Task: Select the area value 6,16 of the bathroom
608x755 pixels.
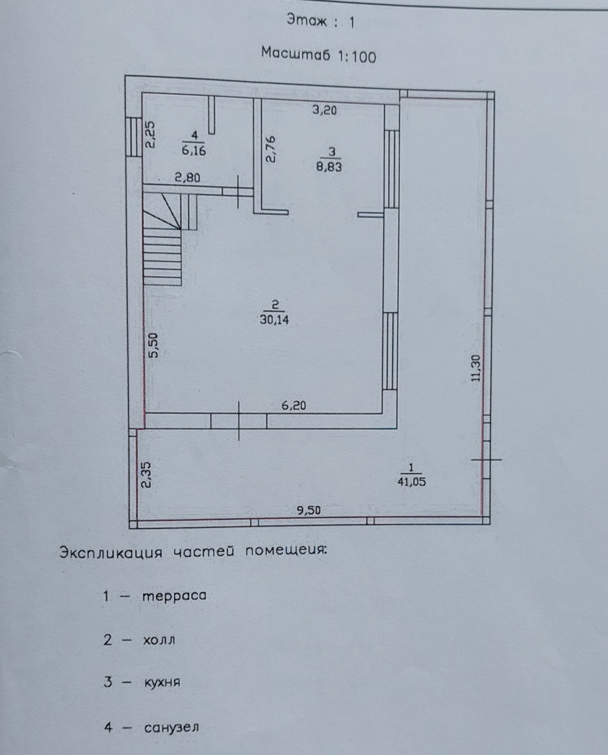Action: click(x=194, y=151)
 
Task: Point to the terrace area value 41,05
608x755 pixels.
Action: click(x=411, y=482)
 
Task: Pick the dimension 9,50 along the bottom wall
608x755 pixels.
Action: click(x=308, y=510)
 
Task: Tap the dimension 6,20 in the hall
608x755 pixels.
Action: click(x=294, y=406)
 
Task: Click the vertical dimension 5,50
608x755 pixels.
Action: click(x=153, y=345)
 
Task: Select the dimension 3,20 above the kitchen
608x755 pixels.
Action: click(x=324, y=110)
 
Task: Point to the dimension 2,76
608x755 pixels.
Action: click(x=271, y=150)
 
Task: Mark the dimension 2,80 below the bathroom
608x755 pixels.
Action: click(x=188, y=178)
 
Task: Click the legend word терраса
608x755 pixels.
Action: click(x=174, y=596)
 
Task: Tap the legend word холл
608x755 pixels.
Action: click(x=159, y=640)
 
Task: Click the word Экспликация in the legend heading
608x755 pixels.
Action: click(x=111, y=553)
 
